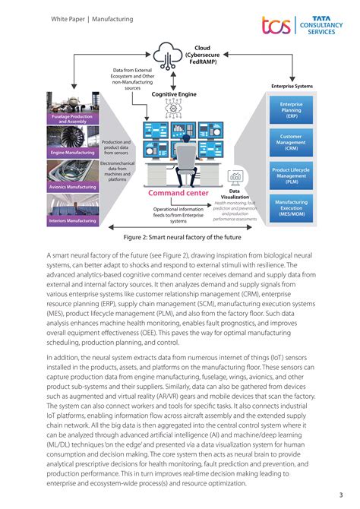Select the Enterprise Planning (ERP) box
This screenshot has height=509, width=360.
[292, 111]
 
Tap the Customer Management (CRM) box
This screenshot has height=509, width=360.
[292, 141]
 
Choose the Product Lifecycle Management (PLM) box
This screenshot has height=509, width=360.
[292, 175]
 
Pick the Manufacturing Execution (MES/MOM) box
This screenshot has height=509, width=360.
[292, 208]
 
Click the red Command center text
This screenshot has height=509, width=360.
[178, 194]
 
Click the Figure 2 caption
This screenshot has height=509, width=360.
[179, 236]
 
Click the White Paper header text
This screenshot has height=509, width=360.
[92, 18]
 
